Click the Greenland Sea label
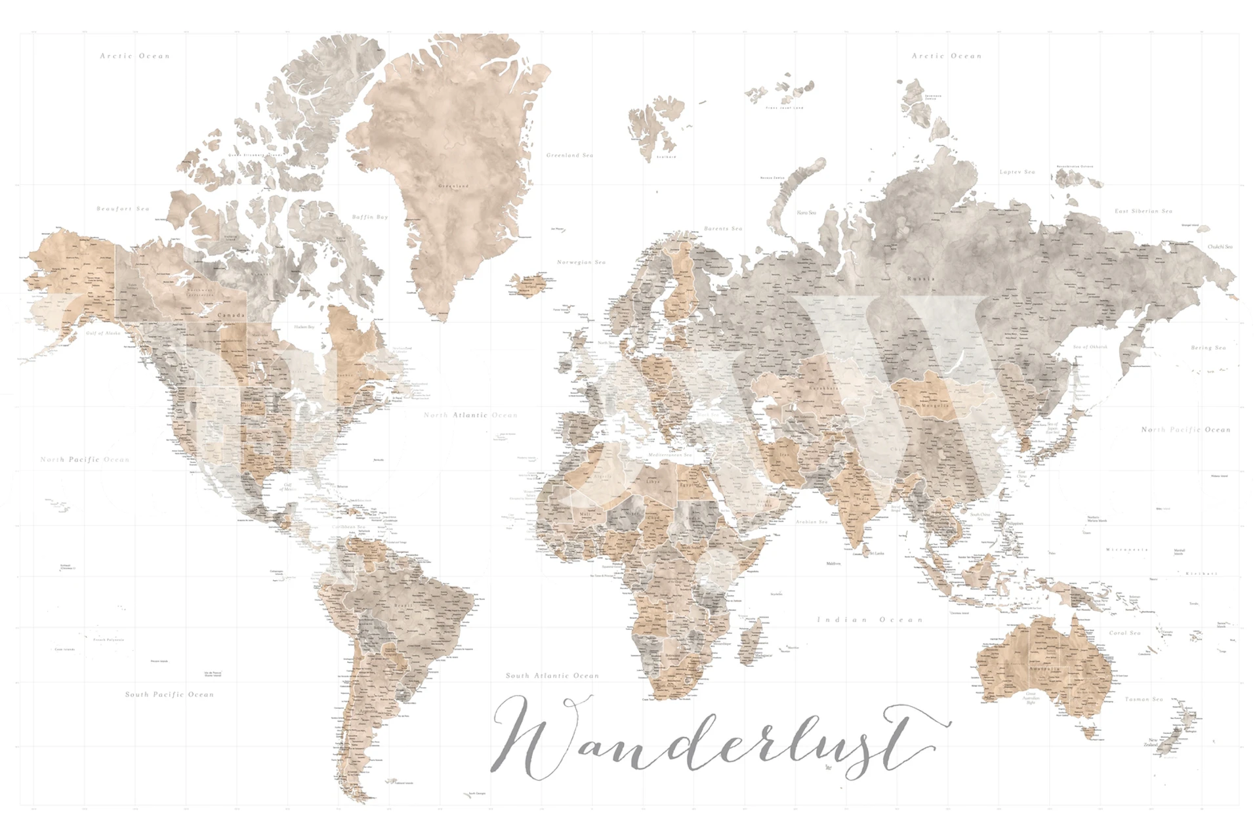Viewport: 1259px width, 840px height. coord(569,156)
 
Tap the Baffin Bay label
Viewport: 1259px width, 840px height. coord(370,217)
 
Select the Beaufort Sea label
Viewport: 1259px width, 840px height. coord(123,209)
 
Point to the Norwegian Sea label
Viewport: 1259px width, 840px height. coord(581,262)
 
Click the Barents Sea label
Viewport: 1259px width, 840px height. coord(723,228)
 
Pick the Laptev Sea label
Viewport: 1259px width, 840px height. coord(1017,172)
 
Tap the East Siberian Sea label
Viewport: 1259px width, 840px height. coord(1144,211)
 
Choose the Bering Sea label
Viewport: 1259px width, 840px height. coord(1208,348)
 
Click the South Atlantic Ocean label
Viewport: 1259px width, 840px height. coord(552,675)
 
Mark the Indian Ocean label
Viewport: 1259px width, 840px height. coord(870,619)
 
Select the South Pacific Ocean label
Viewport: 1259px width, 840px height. coord(169,694)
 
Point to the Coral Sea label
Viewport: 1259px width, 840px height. coord(1125,633)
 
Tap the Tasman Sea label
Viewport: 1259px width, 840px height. coord(1144,700)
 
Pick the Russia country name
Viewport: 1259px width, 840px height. coord(921,279)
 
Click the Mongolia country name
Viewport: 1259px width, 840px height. coord(935,406)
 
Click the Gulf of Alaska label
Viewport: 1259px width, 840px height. coord(104,333)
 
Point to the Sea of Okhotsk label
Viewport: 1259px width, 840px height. coord(1090,346)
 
